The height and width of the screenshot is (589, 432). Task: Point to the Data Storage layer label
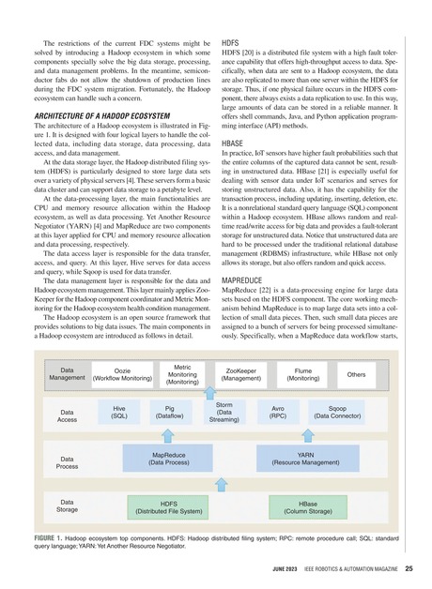(x=68, y=507)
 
